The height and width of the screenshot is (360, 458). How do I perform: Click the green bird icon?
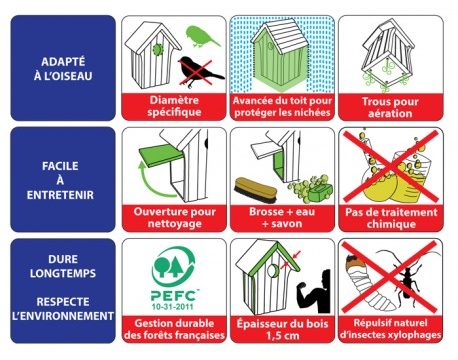pos(201,36)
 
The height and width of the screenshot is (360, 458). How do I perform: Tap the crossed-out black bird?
pos(199,71)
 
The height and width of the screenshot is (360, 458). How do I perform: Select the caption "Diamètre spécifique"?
pos(174,106)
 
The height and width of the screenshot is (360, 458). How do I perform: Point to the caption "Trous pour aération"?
pos(390,107)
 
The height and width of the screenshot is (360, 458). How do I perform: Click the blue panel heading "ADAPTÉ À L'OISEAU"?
pos(63,68)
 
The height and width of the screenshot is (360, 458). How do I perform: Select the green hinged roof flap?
pos(161,156)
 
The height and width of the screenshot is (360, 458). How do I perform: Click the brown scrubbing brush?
pos(255,189)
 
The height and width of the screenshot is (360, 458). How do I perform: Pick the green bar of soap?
pos(320,191)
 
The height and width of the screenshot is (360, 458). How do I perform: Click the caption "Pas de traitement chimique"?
pos(391,218)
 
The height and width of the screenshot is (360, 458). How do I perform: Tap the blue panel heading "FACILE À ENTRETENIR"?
pos(60,180)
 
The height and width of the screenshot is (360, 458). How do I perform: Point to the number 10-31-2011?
pos(173,306)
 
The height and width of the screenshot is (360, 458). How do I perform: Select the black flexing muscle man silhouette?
pos(314,291)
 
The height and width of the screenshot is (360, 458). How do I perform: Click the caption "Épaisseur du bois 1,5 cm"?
pos(282,329)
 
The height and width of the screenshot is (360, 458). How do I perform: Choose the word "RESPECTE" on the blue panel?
pos(63,302)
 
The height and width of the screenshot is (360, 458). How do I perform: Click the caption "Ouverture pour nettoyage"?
pos(174,217)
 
